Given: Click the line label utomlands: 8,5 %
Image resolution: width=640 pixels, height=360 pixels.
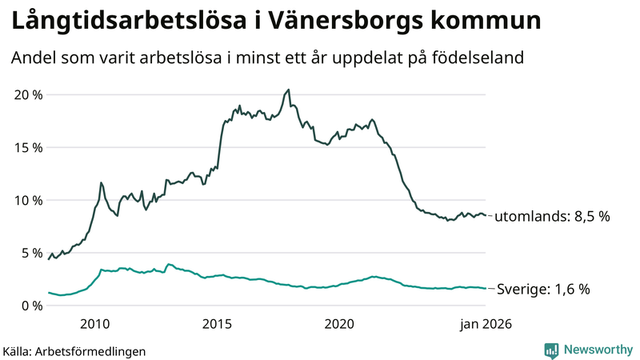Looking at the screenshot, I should pos(553,217).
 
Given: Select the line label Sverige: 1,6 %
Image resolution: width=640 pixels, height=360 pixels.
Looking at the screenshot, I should pos(543,290).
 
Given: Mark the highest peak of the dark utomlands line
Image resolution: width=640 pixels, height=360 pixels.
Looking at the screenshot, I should pos(289,90).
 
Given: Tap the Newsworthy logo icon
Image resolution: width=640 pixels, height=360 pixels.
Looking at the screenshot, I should pos(551,350).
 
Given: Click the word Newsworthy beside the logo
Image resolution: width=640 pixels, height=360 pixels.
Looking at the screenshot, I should pos(597,350).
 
